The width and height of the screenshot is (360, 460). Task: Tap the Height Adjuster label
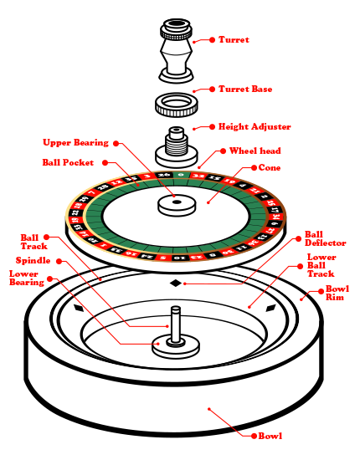(255, 127)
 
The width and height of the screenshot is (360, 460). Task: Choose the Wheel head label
(255, 151)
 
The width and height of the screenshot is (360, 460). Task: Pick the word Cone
(270, 167)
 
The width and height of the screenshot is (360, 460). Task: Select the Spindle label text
(33, 261)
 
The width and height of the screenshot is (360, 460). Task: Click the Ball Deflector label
(319, 239)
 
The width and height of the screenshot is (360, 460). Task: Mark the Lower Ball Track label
(321, 265)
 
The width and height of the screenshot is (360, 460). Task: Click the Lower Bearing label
(26, 278)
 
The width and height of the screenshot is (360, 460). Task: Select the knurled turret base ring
(176, 106)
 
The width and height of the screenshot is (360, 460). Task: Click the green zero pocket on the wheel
(166, 175)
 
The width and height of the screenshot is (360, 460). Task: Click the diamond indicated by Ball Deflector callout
(175, 284)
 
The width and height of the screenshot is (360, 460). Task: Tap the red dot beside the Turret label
(212, 39)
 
